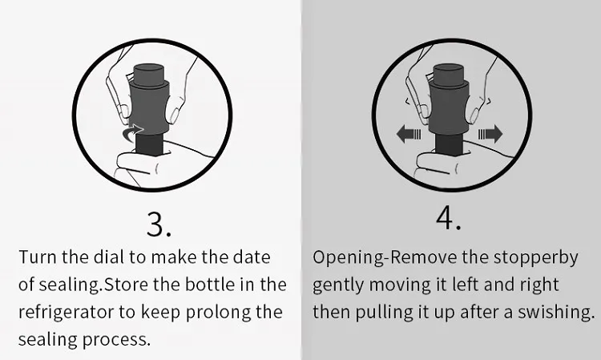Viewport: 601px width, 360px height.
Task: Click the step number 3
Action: pyautogui.click(x=159, y=224)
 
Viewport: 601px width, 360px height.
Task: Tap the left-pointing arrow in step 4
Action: pyautogui.click(x=409, y=134)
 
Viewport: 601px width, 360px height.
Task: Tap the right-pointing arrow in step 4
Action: pyautogui.click(x=490, y=134)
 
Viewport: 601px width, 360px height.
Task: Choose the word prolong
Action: pyautogui.click(x=218, y=313)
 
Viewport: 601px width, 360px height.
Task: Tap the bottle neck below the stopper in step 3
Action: pyautogui.click(x=150, y=144)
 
